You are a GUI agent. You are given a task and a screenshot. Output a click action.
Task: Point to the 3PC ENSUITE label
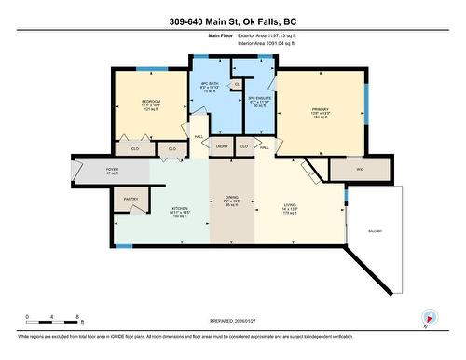point(257,100)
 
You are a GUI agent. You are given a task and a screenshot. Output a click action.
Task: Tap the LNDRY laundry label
point(222,146)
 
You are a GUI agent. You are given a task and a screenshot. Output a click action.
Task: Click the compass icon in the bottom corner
point(429,317)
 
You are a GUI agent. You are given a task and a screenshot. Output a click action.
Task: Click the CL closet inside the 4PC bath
point(238,83)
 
